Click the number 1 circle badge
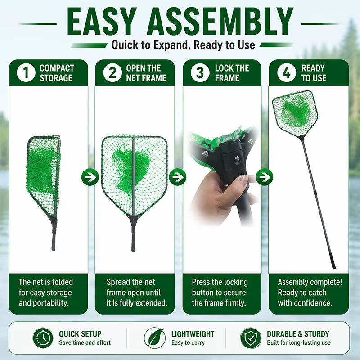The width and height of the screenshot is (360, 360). click(26, 73)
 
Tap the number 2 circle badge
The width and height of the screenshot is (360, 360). click(112, 73)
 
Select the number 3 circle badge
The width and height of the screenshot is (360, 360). click(200, 73)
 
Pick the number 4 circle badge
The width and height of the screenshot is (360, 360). click(287, 73)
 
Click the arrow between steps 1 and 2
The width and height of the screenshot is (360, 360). click(90, 177)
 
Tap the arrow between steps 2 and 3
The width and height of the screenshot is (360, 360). click(177, 177)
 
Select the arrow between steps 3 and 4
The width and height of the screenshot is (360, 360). click(265, 177)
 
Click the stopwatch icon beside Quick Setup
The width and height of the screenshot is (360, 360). click(43, 338)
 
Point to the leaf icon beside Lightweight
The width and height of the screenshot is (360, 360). click(155, 338)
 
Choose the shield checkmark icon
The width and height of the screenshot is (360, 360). click(251, 338)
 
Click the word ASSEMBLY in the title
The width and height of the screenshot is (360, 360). click(220, 22)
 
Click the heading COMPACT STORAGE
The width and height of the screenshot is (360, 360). click(57, 73)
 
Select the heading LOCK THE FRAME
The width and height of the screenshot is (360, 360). click(232, 73)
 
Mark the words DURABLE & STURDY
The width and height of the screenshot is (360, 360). click(298, 334)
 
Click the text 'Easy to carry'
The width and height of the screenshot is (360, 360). click(188, 343)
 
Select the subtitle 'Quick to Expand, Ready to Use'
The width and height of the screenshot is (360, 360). click(183, 45)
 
